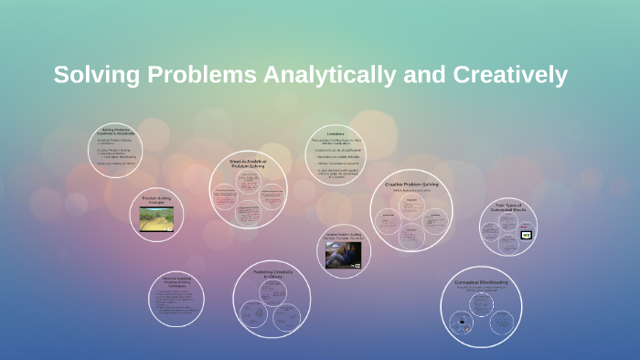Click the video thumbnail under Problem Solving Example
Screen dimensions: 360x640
coord(156,218)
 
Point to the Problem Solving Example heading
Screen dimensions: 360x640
coord(156,199)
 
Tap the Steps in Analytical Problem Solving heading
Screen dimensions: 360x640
coord(248,164)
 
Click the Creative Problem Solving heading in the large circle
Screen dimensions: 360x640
coord(411,185)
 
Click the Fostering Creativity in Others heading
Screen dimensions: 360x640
coord(271,273)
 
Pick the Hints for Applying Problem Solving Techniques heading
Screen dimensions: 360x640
coord(176,282)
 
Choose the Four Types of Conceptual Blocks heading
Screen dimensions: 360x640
coord(508,207)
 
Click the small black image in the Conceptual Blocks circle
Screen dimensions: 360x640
coord(526,235)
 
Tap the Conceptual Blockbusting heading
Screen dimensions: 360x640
coord(481,283)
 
